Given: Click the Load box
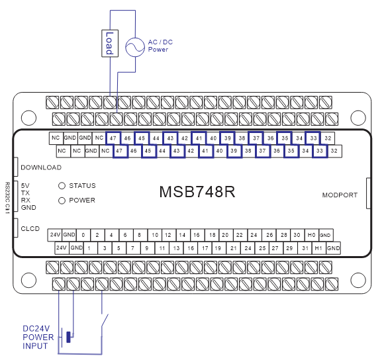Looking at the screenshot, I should (x=110, y=44).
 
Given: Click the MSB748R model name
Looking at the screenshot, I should (x=197, y=192).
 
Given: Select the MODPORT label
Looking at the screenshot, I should (x=340, y=195).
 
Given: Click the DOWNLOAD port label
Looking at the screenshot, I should (x=41, y=167).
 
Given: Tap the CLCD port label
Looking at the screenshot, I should (x=30, y=228).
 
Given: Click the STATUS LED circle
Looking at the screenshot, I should (x=62, y=186).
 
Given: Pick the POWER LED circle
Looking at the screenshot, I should (x=62, y=200).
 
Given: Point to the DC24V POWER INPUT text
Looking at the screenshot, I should (x=38, y=337).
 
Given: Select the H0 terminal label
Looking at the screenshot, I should (x=310, y=235).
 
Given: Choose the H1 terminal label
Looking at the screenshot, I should (x=318, y=248).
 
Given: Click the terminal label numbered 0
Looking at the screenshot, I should (x=83, y=235).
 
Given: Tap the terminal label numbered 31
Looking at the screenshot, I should (x=304, y=248).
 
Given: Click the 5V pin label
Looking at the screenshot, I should (x=25, y=185).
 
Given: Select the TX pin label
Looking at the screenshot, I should (x=25, y=193).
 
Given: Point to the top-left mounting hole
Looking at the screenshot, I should (x=28, y=118).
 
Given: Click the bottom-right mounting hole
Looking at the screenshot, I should (x=358, y=277).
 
